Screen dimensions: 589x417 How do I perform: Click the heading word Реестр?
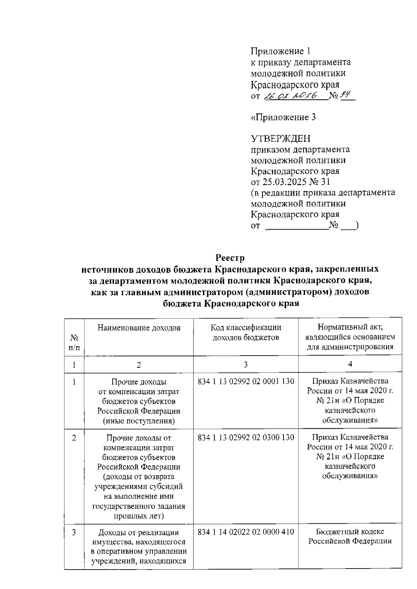point(230,258)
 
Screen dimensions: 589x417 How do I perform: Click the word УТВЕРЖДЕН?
point(281,139)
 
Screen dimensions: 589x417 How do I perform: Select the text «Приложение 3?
point(283,117)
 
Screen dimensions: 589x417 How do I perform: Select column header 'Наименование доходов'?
point(139,328)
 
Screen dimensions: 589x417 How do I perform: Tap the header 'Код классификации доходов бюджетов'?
point(246,332)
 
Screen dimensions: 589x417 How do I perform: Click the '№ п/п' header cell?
point(74,342)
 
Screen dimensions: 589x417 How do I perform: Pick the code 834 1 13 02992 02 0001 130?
point(246,381)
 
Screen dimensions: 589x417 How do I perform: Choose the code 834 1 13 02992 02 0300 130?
point(246,437)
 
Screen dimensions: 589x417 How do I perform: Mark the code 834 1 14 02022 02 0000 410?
point(246,532)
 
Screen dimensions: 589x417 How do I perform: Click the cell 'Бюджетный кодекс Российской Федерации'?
point(350,536)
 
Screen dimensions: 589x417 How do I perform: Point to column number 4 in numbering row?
point(350,364)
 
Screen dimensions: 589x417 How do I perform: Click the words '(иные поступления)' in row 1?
point(139,421)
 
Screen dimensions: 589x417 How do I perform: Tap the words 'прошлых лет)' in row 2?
point(139,516)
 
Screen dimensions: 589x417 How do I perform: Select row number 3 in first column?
point(74,532)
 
